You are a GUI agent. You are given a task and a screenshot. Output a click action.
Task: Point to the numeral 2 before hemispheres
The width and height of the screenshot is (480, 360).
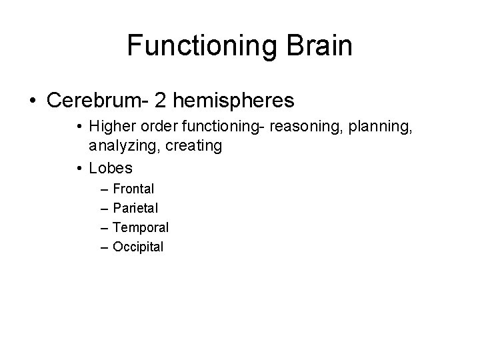(x=161, y=101)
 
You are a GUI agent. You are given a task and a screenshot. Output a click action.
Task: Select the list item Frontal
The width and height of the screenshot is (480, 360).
(x=133, y=189)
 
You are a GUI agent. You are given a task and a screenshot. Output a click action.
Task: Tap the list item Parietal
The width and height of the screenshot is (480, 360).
(x=135, y=209)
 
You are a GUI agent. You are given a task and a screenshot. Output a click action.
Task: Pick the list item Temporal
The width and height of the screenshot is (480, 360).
(x=141, y=228)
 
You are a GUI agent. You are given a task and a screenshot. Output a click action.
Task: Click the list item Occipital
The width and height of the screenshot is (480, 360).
(x=138, y=247)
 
